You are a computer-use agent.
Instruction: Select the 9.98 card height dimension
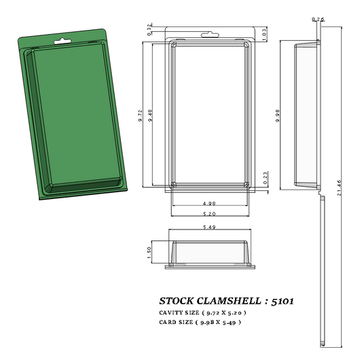coord(278,118)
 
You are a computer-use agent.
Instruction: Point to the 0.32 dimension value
coord(149,27)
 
